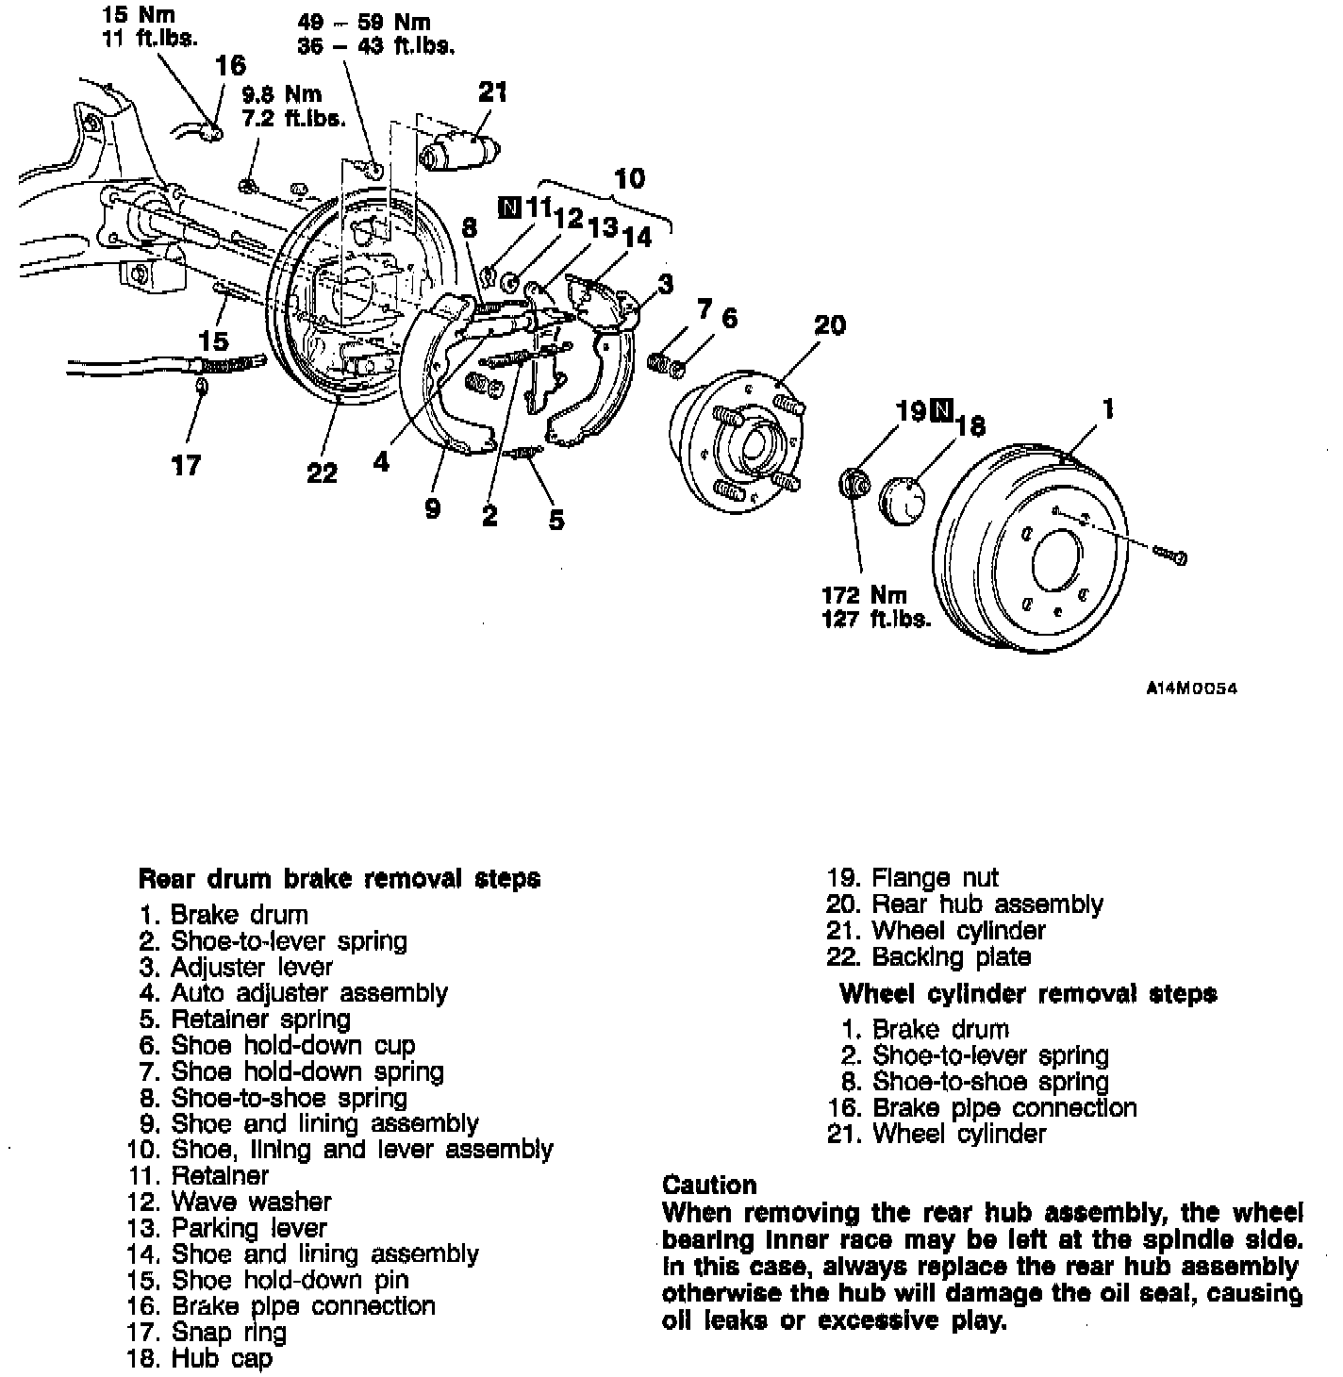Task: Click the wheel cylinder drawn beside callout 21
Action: tap(459, 152)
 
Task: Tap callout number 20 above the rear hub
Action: tap(829, 325)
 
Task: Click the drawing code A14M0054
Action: tap(1190, 689)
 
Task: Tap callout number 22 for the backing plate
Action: tap(322, 473)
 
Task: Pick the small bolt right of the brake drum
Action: tap(1169, 556)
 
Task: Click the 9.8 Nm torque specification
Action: tap(281, 95)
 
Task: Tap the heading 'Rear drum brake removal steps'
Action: tap(340, 879)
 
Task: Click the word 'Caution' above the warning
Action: tap(709, 1185)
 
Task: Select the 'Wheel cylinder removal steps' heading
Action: tap(1028, 993)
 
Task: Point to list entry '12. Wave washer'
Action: tap(229, 1202)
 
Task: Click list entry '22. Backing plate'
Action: tap(929, 956)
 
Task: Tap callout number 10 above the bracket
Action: tap(629, 178)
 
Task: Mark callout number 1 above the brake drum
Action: tap(1109, 408)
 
